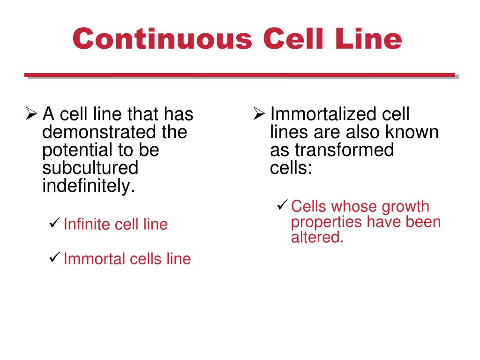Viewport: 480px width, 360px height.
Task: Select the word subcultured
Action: pos(90,168)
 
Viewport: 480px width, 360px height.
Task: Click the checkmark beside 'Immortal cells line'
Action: pos(54,256)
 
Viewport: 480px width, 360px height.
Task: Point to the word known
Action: pos(412,132)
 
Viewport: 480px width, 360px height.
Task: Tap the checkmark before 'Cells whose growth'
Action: pos(282,204)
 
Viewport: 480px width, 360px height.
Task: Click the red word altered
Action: pos(317,237)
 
